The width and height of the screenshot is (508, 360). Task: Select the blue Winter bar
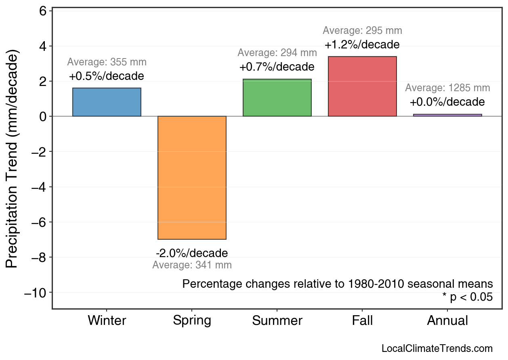pos(107,102)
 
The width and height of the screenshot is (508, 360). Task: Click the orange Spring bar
pos(192,178)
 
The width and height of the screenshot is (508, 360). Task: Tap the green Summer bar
pos(277,98)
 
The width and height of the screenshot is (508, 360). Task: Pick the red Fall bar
pos(362,86)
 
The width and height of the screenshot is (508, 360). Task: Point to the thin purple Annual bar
pos(447,115)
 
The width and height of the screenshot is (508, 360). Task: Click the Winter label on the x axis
pos(107,321)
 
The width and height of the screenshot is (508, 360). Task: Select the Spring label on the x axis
pos(192,321)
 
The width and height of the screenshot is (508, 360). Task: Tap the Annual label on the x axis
pos(447,321)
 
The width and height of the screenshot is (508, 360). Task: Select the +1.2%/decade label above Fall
pos(362,44)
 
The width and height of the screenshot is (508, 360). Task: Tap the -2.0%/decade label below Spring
pos(192,253)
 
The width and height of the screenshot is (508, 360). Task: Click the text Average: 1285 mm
pos(447,88)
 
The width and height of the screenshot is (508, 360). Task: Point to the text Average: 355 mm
pos(107,62)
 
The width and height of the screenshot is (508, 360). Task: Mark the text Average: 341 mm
pos(192,265)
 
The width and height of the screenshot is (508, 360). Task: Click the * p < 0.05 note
pos(467,297)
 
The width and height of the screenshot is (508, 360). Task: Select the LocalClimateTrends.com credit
pos(437,349)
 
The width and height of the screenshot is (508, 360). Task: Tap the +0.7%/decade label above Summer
pos(277,67)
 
